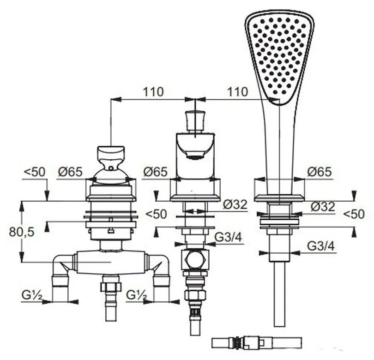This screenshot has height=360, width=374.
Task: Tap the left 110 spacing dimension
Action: pos(153,91)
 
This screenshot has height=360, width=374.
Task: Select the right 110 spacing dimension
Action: pos(237,91)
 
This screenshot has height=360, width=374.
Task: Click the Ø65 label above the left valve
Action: pos(70,172)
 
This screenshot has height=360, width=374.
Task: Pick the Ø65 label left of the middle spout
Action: pos(155,172)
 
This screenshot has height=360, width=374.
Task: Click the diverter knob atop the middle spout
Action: pos(195,121)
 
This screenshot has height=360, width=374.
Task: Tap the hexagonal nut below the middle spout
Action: pos(195,260)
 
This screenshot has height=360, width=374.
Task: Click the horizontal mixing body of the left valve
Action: pos(111,263)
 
